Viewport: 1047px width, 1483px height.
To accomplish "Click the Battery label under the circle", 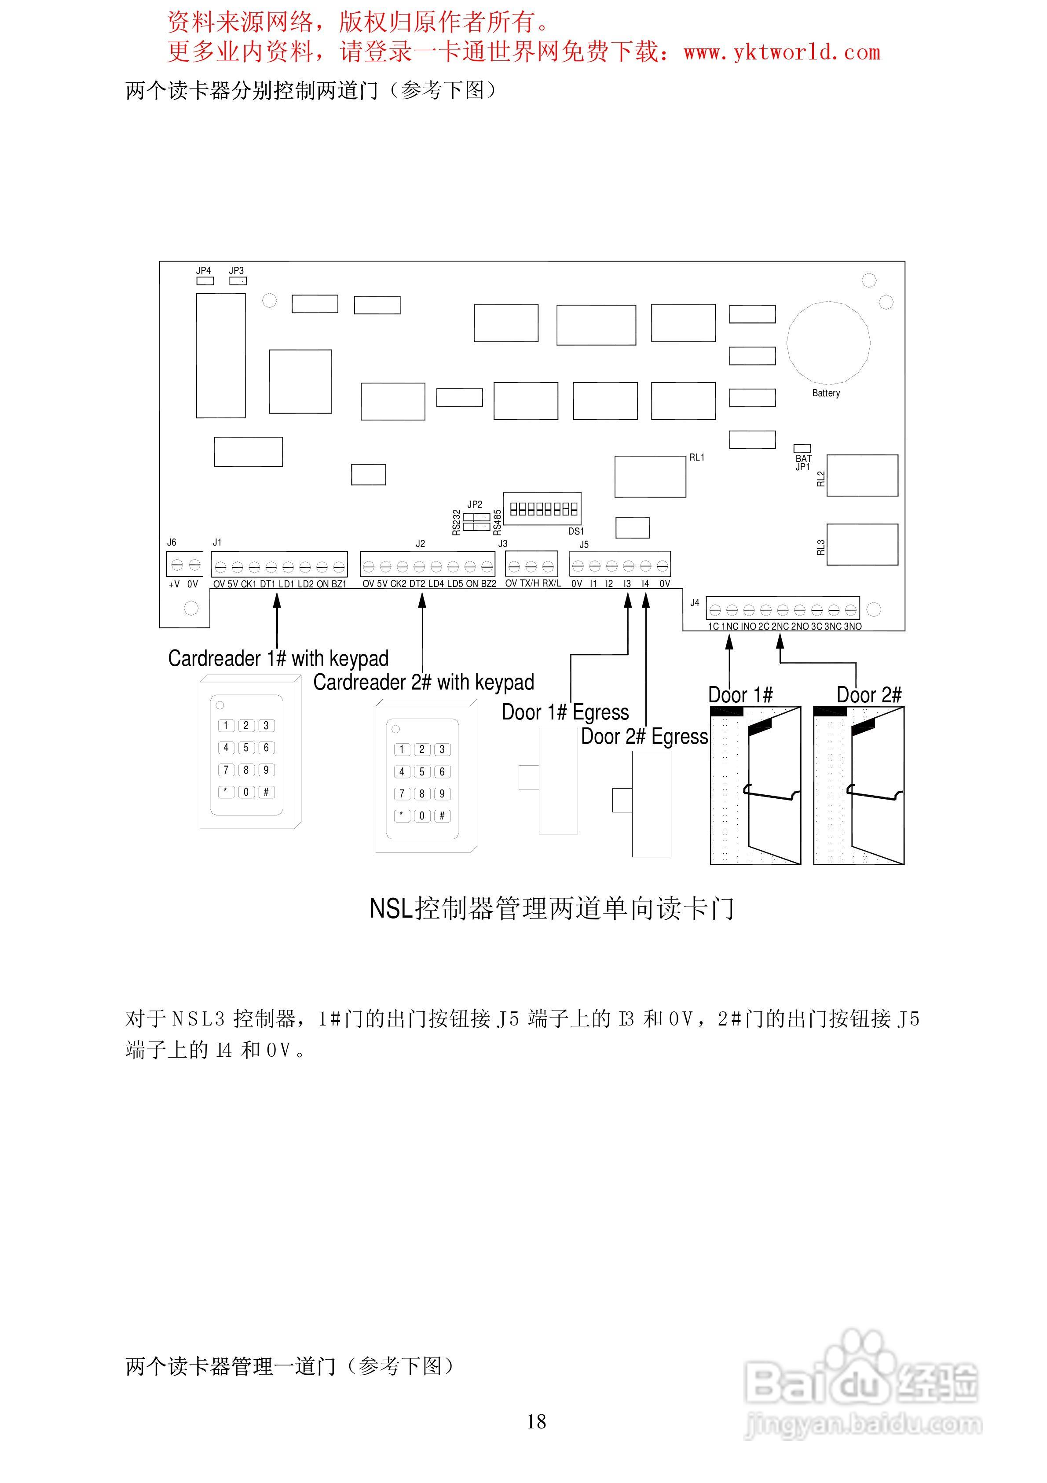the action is pos(826,393).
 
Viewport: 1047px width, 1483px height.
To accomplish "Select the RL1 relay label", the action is pos(696,457).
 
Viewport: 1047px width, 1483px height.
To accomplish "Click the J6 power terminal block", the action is pos(185,564).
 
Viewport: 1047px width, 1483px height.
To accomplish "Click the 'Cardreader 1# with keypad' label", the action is pos(278,658).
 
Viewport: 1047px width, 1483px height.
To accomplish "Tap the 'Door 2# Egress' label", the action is pos(644,736).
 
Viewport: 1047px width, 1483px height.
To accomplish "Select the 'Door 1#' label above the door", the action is pos(740,695).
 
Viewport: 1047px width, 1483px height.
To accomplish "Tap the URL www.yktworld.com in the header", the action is pos(782,52).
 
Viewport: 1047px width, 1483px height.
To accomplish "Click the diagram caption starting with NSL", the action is pos(552,908).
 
